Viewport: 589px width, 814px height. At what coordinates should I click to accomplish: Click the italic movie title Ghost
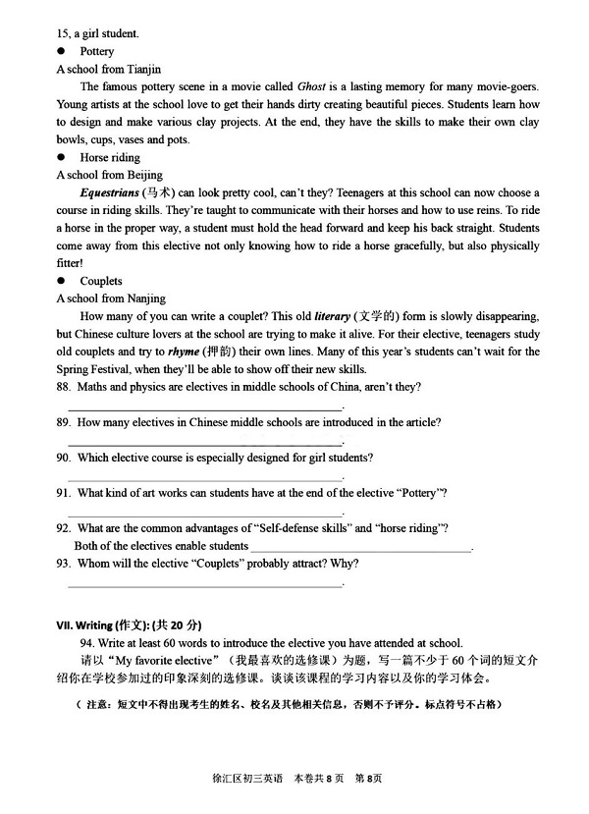point(310,86)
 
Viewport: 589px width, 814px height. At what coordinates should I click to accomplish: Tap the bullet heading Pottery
point(97,51)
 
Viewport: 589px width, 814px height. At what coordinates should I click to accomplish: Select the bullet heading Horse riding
point(110,157)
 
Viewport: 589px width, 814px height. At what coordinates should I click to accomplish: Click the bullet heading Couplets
point(101,281)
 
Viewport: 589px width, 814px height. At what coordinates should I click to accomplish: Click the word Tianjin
point(143,69)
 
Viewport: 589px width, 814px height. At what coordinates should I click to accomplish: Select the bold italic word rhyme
point(184,352)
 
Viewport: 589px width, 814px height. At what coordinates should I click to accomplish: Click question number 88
point(64,387)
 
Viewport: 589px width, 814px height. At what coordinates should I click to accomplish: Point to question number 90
point(64,458)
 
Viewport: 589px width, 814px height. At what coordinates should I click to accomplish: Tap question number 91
point(64,493)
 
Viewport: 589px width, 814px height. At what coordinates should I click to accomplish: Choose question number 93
point(64,564)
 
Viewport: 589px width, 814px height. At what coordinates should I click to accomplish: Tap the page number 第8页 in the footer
point(368,779)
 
